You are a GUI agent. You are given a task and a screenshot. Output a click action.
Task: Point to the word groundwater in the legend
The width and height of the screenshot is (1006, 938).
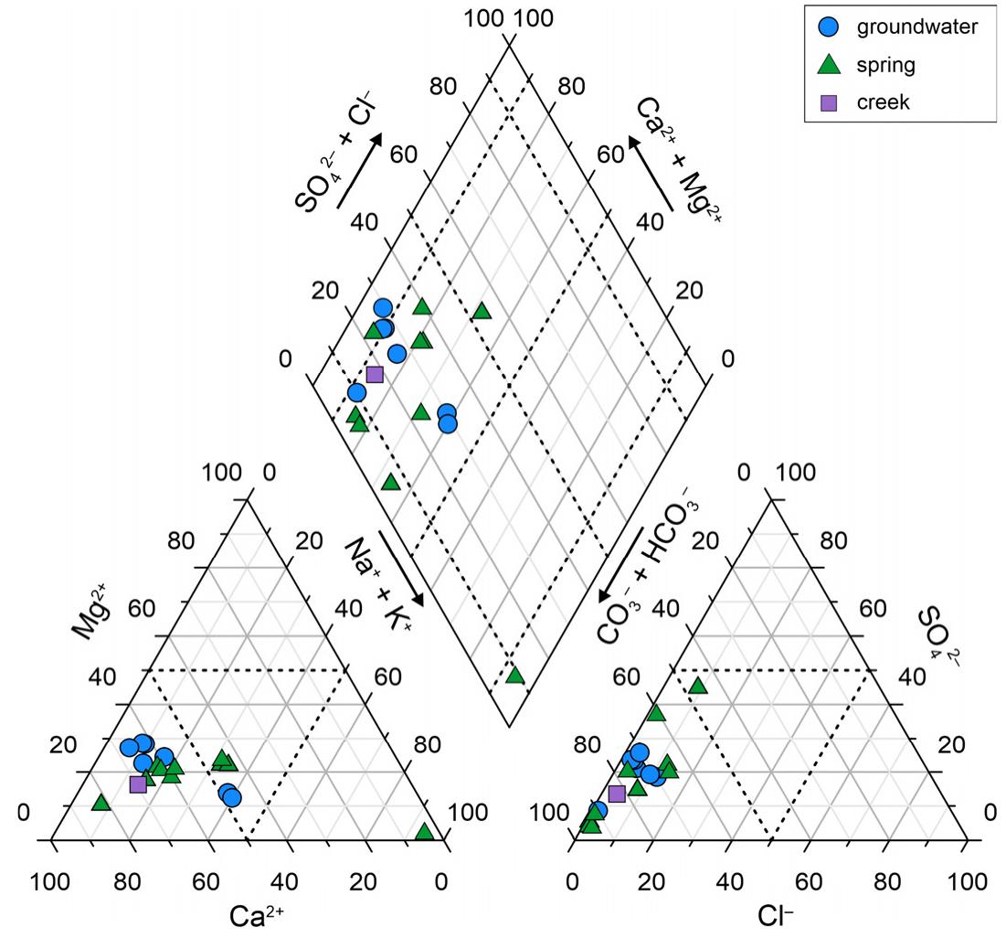pyautogui.click(x=916, y=27)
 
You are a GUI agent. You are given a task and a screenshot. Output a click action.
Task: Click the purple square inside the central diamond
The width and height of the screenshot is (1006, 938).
pyautogui.click(x=375, y=373)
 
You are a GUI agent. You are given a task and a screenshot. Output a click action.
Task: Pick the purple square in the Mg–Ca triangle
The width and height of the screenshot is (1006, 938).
pyautogui.click(x=138, y=783)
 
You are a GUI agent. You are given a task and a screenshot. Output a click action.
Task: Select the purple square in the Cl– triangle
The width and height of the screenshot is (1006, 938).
pyautogui.click(x=617, y=793)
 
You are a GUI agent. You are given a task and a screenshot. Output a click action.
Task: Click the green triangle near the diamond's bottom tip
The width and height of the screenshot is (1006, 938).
pyautogui.click(x=514, y=676)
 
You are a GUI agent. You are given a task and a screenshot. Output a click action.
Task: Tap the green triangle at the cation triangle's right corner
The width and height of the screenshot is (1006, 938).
pyautogui.click(x=424, y=832)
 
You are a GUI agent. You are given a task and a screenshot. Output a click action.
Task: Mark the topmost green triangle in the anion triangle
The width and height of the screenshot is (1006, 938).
pyautogui.click(x=698, y=686)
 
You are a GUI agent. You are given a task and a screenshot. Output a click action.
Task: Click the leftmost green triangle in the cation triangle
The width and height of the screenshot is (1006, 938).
pyautogui.click(x=101, y=803)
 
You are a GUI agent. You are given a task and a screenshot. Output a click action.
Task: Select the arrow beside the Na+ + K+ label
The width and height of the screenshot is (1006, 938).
pyautogui.click(x=401, y=567)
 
